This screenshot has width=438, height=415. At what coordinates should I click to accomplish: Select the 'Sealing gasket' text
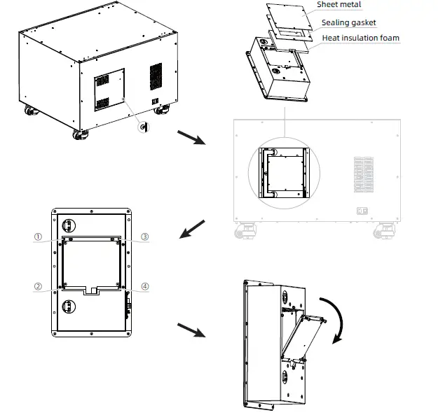tap(348, 23)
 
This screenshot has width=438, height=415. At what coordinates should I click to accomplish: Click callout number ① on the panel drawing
tap(39, 237)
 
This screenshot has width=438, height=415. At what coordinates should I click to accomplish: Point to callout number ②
tap(39, 286)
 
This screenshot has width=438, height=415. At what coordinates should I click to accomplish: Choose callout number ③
tap(144, 237)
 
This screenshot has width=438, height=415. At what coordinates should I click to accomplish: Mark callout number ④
tap(144, 286)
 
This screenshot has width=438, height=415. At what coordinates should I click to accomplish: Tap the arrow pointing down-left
tap(193, 229)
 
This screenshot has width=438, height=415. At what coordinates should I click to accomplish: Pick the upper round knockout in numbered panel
tap(69, 225)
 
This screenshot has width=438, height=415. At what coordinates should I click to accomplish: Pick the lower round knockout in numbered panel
tap(69, 307)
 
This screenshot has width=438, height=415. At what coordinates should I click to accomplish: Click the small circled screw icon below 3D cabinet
tap(144, 127)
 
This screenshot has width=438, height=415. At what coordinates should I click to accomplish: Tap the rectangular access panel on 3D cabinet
tap(109, 89)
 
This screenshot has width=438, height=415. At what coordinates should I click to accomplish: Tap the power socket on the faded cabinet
tap(363, 211)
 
